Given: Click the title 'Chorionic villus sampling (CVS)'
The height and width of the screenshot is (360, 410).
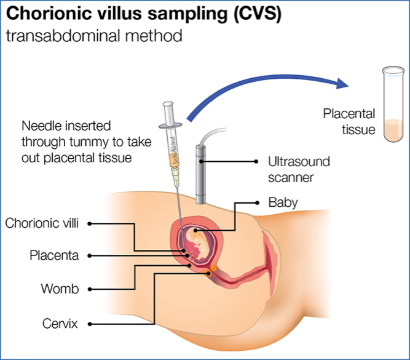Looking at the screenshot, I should tap(143, 14).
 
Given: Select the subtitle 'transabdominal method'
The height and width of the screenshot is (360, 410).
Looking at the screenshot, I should tap(94, 36).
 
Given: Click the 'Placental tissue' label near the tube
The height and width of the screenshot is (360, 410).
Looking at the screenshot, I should tap(349, 121).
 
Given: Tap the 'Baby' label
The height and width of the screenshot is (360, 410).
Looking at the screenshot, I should tap(283, 202).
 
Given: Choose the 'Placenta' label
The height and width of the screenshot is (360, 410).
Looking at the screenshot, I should tap(55, 255).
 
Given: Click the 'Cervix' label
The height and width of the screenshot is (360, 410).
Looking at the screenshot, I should tap(60, 322).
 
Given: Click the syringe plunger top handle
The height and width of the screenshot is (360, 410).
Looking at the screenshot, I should tap(168, 106).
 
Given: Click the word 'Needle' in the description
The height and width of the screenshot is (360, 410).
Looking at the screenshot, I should tap(41, 126).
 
